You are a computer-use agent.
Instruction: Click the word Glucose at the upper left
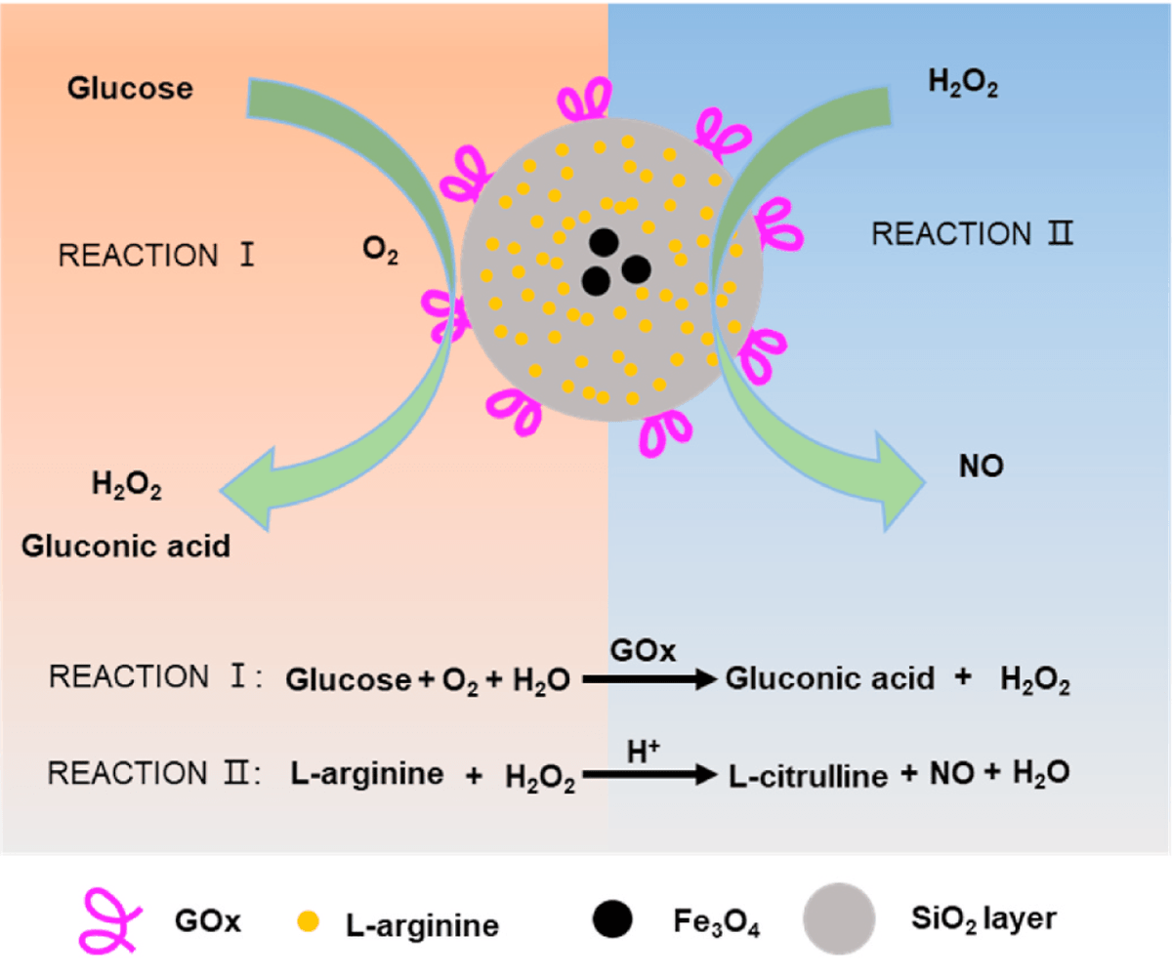click(130, 89)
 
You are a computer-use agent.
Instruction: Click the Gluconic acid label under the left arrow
click(125, 545)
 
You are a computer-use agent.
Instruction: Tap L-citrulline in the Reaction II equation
click(807, 776)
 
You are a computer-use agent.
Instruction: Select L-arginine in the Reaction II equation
click(367, 774)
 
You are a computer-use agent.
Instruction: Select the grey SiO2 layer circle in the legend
click(838, 918)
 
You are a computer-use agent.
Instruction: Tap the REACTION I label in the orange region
click(157, 256)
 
